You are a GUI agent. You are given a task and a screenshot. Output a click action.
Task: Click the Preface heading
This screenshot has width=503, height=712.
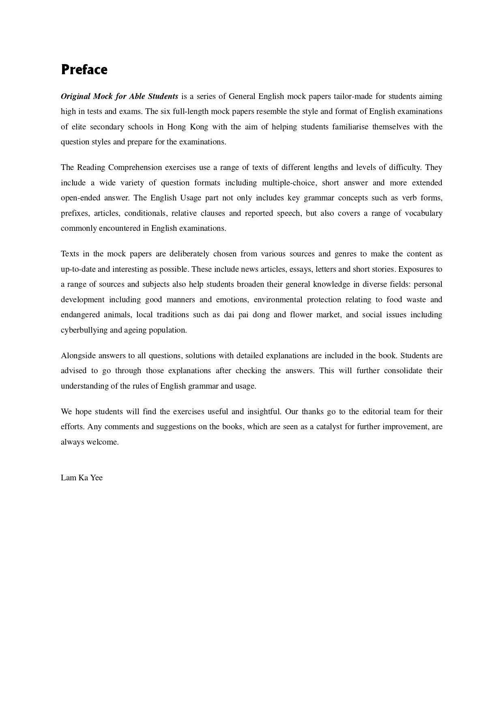[x=84, y=70]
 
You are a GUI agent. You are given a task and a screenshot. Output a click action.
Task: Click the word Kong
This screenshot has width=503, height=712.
[x=199, y=127]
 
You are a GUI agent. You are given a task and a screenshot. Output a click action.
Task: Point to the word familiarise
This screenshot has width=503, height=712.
[x=350, y=127]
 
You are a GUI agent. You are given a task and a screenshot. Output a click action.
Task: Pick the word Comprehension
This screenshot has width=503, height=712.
[x=135, y=168]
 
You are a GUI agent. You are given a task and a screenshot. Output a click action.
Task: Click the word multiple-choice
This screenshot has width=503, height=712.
[x=289, y=183]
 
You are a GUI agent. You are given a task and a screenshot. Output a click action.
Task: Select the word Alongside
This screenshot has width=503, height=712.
[x=78, y=356]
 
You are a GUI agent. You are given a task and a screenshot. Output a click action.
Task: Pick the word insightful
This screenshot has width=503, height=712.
[x=264, y=412]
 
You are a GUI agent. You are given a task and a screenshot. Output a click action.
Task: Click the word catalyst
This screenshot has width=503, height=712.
[x=329, y=427]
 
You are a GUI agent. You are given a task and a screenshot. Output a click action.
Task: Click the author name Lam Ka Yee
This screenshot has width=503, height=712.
[x=82, y=478]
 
